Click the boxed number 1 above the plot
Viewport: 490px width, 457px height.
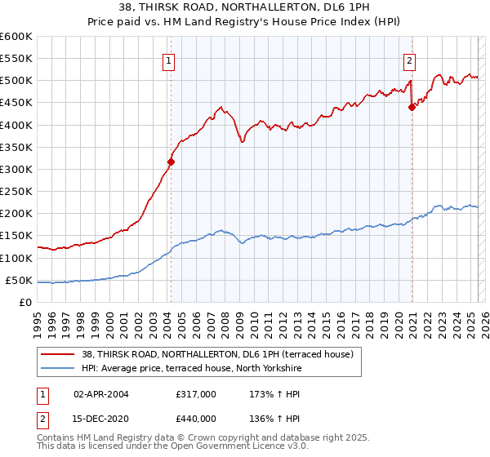click(167, 60)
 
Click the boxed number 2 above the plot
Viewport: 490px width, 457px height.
click(408, 60)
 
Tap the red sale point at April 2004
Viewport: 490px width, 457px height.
click(171, 162)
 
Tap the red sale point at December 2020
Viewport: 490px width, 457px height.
click(412, 107)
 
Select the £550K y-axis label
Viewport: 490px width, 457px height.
click(16, 58)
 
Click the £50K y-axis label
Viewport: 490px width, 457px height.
click(19, 280)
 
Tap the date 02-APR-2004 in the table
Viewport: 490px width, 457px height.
click(100, 393)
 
